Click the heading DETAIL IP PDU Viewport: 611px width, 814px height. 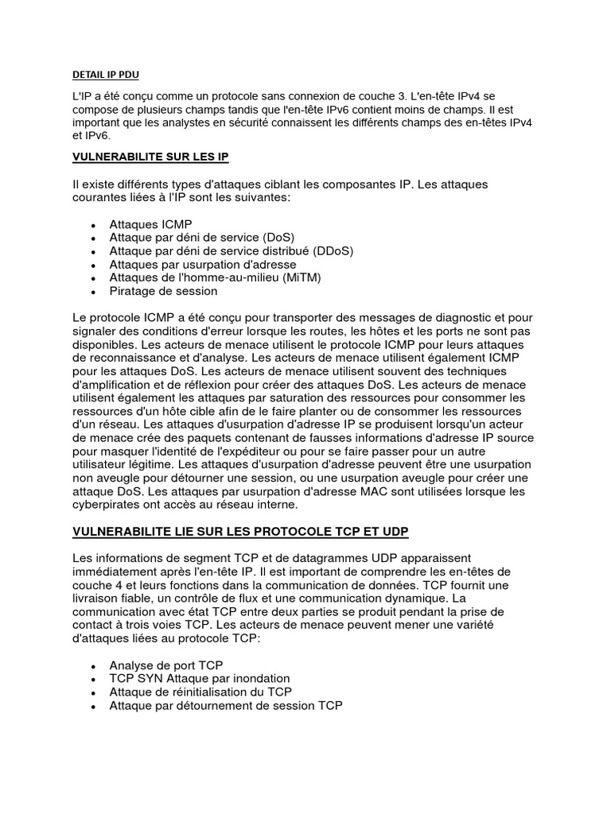coord(105,76)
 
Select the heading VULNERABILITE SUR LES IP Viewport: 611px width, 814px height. coord(150,157)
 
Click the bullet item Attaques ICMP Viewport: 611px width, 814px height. coord(151,224)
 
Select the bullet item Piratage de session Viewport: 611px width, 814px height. coord(164,291)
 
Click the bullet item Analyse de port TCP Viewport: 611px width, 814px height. coord(166,665)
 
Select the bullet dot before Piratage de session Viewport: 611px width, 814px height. coord(94,292)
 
